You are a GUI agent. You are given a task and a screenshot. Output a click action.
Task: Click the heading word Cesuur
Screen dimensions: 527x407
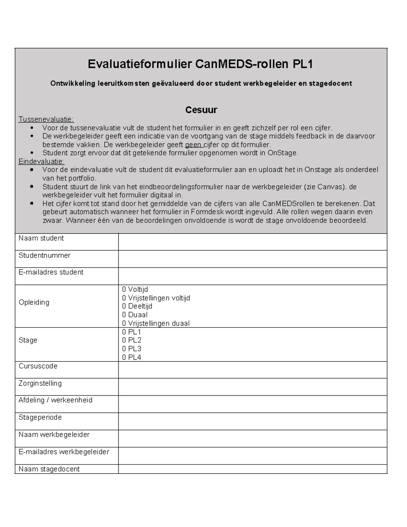201,110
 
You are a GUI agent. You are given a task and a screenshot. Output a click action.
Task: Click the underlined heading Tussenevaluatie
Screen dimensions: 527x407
46,119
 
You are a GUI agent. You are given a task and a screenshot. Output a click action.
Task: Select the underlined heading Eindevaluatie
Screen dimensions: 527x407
41,161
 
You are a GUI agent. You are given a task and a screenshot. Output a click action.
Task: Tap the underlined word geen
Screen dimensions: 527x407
193,145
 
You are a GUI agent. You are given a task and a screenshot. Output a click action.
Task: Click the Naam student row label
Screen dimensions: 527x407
41,239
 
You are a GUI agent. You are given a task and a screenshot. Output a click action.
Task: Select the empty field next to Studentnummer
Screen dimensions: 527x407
252,259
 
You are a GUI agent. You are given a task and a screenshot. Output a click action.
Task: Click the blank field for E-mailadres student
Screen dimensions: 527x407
252,276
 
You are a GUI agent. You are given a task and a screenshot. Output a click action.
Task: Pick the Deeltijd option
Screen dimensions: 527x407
137,306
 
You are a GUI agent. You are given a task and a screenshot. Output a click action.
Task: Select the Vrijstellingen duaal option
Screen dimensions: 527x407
156,323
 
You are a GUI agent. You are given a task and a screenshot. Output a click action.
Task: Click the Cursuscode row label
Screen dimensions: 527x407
38,366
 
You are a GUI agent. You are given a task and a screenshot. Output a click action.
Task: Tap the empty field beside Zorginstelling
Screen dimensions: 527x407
252,387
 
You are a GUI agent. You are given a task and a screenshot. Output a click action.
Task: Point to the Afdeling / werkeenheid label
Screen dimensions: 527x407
55,400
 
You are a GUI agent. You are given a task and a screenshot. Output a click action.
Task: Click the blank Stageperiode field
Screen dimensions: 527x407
252,421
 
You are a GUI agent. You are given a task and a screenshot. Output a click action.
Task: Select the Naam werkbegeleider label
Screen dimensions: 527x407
54,435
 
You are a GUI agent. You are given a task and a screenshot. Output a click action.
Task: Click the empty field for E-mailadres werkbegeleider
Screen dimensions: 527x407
252,455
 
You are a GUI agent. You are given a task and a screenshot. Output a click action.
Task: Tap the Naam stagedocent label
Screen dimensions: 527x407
49,469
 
